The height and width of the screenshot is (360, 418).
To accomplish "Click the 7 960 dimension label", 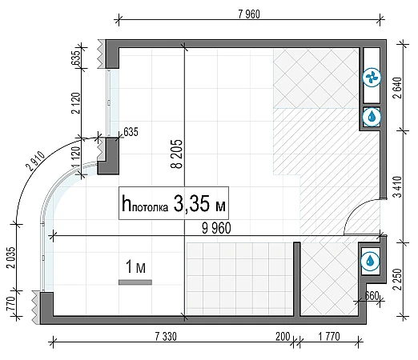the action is (249, 14).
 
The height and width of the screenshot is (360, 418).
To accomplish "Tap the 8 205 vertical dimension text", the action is (177, 154).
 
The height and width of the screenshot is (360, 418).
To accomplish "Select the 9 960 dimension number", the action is (216, 228).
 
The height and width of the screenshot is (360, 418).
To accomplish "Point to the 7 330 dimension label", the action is (166, 337).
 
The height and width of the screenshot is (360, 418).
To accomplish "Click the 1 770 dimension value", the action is (329, 337).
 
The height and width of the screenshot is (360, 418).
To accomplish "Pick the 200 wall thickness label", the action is (283, 337).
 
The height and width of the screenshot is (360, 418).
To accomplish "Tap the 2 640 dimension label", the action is (398, 88).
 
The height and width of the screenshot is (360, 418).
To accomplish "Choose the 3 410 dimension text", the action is (398, 186).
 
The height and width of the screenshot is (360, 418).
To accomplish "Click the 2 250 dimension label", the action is (398, 279).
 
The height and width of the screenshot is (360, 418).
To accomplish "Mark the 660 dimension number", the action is (372, 295).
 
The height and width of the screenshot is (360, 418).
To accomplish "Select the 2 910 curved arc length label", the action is (35, 161).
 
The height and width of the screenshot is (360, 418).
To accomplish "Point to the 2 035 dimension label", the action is (12, 258).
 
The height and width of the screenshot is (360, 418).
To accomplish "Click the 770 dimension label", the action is (10, 304).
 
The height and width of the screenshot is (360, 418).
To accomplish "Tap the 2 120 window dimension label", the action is (76, 103).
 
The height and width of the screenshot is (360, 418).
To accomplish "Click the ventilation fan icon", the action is (372, 78).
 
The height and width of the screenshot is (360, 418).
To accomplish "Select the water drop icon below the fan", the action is (372, 117).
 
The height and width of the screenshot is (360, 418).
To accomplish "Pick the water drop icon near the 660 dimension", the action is (370, 262).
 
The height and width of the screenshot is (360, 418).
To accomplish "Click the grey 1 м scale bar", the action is (135, 282).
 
